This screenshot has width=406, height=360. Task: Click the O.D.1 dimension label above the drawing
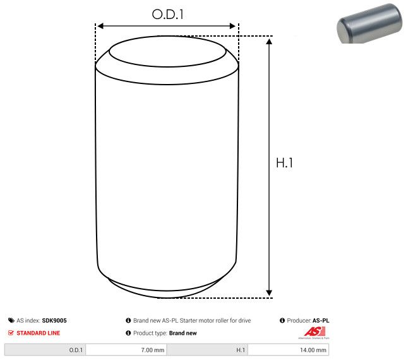click(167, 14)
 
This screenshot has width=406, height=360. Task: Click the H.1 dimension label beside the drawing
click(285, 162)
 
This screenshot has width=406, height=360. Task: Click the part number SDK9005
click(54, 321)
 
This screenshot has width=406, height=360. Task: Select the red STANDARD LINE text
click(39, 333)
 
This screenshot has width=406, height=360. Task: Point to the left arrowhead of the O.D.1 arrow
click(99, 26)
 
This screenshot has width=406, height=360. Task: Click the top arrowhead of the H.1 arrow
click(270, 41)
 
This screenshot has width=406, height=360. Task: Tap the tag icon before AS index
click(11, 321)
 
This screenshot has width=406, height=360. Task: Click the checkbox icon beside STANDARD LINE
click(11, 333)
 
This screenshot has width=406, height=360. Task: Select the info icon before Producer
click(282, 321)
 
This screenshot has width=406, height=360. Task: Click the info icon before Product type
click(128, 333)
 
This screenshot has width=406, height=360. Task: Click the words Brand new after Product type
click(183, 333)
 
